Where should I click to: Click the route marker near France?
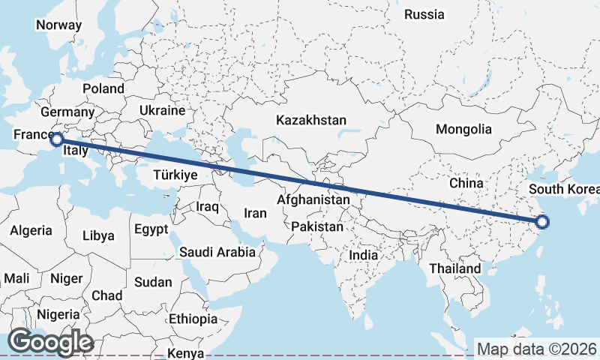56,139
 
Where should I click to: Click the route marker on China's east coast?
542,221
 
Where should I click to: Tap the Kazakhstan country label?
310,120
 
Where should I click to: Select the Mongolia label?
463,129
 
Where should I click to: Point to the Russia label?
424,14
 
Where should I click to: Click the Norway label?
58,24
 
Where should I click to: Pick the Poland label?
103,88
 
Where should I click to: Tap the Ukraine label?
161,110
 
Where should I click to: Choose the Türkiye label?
174,175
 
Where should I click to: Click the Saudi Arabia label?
217,253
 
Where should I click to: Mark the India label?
363,255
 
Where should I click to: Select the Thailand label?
454,268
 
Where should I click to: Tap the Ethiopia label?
193,319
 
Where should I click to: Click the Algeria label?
31,230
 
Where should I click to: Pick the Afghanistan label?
313,200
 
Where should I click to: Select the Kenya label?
187,352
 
